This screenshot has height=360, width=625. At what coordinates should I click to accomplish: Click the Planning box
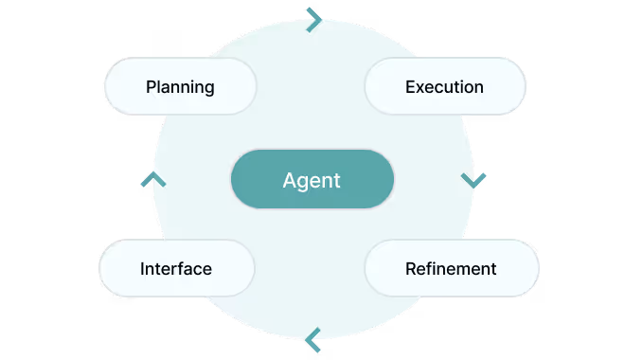tap(180, 87)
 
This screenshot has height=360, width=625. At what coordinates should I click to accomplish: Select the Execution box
tap(445, 87)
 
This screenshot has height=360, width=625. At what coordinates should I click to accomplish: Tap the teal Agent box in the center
tap(312, 179)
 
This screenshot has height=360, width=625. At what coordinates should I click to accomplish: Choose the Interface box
tap(176, 268)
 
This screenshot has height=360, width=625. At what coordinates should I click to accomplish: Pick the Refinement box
tap(451, 268)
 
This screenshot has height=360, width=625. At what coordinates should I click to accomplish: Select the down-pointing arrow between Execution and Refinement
tap(473, 179)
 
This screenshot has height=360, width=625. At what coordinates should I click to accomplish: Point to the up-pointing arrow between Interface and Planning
tap(152, 178)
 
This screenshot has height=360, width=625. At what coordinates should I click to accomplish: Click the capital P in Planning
tap(152, 87)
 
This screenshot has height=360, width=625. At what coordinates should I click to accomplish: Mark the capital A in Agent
tap(290, 180)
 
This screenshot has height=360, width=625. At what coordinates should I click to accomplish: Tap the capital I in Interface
tap(142, 268)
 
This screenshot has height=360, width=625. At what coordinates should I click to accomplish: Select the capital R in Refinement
tap(411, 268)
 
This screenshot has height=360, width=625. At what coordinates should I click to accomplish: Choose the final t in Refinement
tap(492, 268)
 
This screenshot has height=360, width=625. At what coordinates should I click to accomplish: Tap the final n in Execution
tap(478, 87)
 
